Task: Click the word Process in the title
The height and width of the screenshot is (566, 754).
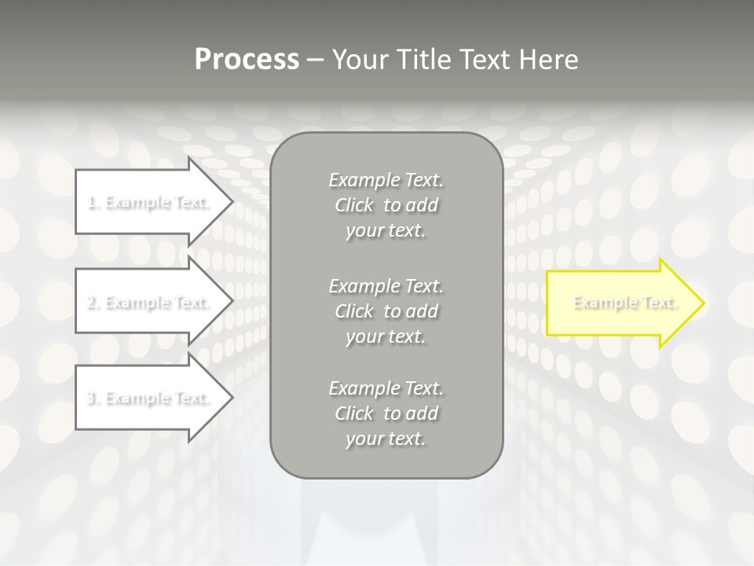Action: [247, 60]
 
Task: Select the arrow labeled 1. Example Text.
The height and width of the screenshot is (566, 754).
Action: [149, 202]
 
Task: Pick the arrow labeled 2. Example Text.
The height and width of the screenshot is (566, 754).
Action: [149, 302]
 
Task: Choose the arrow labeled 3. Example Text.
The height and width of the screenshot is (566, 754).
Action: [149, 398]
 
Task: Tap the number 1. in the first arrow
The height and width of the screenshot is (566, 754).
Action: [93, 203]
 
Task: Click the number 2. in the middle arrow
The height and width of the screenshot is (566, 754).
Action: [93, 303]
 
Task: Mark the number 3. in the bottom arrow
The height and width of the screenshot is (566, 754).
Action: [93, 399]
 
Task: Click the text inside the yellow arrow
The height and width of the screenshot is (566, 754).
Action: [625, 303]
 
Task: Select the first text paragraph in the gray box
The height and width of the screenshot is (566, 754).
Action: [386, 205]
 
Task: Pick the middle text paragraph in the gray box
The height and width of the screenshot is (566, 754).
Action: [386, 311]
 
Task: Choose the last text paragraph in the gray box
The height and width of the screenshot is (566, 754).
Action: [386, 413]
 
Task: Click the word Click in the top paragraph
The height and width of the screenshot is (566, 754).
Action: [354, 206]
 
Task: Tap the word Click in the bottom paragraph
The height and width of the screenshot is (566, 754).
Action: [354, 413]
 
